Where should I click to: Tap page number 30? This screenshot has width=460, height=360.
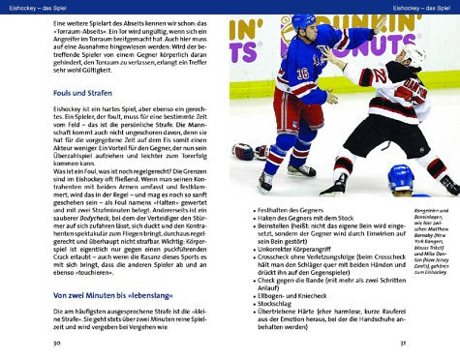point(58,344)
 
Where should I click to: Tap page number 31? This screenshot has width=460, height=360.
point(417,344)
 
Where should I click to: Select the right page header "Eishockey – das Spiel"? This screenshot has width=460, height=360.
point(418,8)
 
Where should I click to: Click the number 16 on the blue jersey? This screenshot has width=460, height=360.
point(302,72)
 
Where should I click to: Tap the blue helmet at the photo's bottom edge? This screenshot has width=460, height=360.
point(401,179)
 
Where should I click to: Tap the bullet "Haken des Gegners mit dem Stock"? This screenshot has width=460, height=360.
point(316,219)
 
